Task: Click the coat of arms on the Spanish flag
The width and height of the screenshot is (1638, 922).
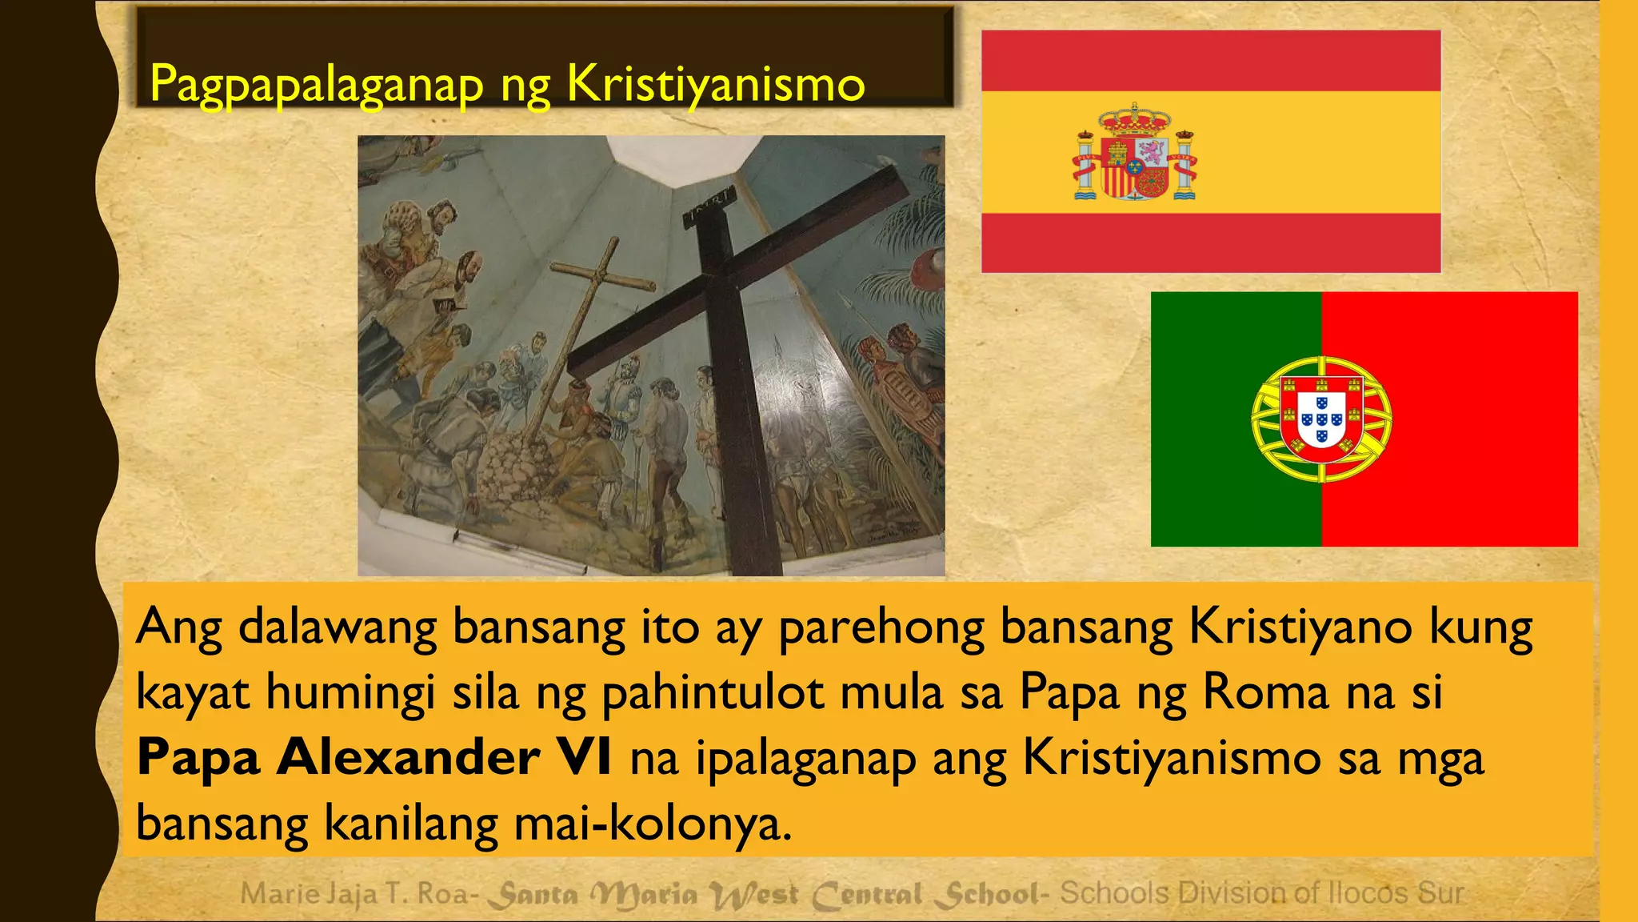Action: (x=1134, y=152)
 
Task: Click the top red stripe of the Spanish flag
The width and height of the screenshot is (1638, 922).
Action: (x=1210, y=61)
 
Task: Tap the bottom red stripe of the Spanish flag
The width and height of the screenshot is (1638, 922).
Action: (x=1210, y=243)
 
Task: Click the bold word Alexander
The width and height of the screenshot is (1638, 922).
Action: (x=408, y=757)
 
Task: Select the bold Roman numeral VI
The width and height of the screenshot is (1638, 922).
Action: (x=585, y=757)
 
